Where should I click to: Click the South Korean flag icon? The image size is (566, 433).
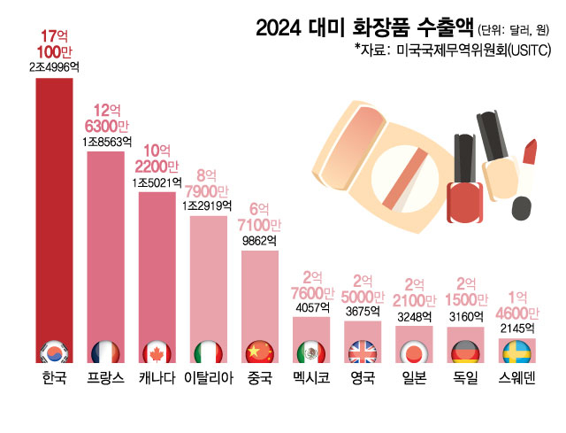(x=54, y=352)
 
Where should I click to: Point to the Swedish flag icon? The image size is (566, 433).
(x=517, y=352)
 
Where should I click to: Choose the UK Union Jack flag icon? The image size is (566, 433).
(x=363, y=352)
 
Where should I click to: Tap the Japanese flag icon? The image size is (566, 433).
(x=414, y=352)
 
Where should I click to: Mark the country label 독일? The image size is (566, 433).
(x=465, y=380)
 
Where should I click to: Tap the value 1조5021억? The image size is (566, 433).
(x=157, y=182)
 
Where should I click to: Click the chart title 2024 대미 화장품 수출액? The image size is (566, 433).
(x=363, y=28)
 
